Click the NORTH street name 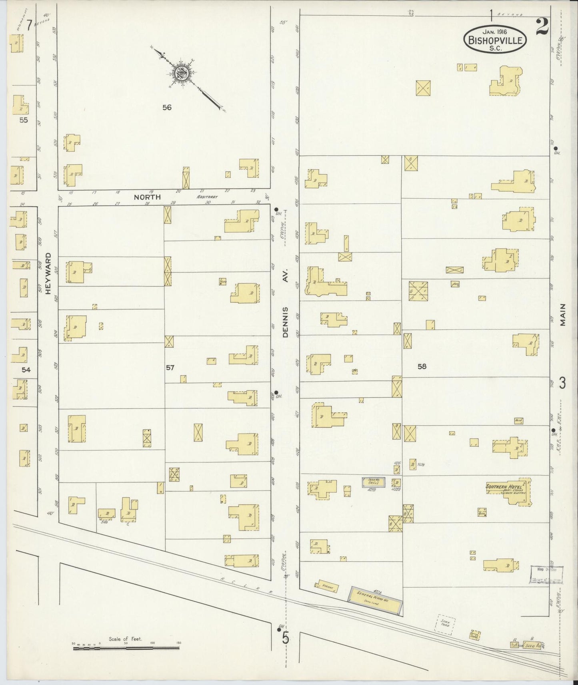click(x=147, y=197)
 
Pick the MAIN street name click(x=563, y=315)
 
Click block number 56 click(x=167, y=107)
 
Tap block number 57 click(x=170, y=368)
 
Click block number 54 click(x=26, y=370)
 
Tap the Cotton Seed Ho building click(x=526, y=645)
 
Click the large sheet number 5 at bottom click(x=285, y=638)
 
